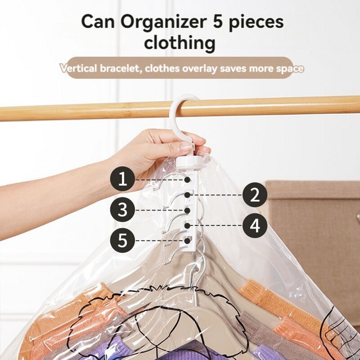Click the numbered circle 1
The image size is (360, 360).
(x=122, y=179)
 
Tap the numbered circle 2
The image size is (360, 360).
(x=255, y=195)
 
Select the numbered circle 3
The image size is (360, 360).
(x=122, y=210)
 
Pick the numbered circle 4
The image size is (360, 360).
(x=255, y=225)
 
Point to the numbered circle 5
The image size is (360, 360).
(x=122, y=240)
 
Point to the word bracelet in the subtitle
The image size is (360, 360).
(x=121, y=68)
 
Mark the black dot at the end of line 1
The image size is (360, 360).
(x=188, y=180)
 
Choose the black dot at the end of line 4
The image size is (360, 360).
(x=188, y=225)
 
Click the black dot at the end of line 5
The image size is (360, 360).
(x=188, y=241)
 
